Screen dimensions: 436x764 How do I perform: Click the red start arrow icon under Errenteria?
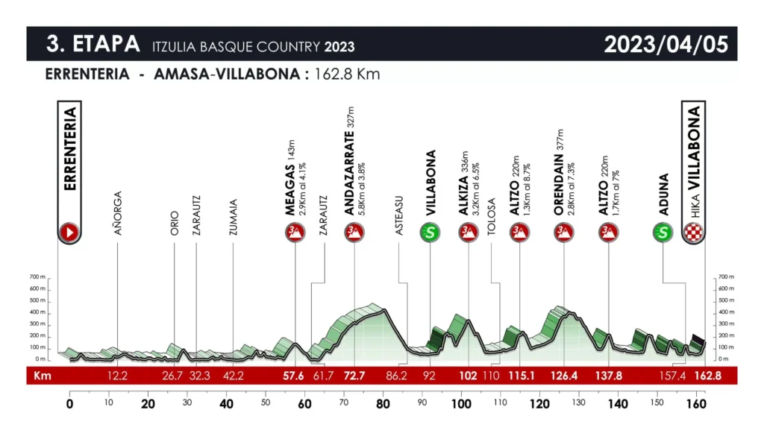click(x=69, y=233)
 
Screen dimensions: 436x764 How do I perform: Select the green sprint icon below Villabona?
click(x=430, y=233)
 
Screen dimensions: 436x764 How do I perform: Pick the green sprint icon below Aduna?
click(x=663, y=233)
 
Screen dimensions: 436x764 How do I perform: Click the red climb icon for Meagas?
click(x=295, y=233)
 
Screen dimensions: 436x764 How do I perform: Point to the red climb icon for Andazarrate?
click(x=354, y=233)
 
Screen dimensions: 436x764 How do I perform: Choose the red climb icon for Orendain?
click(x=563, y=233)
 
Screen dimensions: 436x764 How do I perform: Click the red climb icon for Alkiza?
click(x=469, y=233)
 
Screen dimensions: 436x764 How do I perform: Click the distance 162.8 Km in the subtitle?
click(x=346, y=75)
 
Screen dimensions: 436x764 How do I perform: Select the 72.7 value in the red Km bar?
click(x=354, y=376)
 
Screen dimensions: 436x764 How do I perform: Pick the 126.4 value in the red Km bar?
click(x=563, y=376)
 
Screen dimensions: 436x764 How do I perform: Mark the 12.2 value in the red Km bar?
click(x=117, y=376)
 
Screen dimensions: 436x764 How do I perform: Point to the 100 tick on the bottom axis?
click(x=461, y=405)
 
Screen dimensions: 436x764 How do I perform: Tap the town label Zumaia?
click(x=234, y=217)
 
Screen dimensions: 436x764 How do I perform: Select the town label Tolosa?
click(x=491, y=217)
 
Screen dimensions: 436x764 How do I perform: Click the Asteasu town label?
click(x=399, y=216)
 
